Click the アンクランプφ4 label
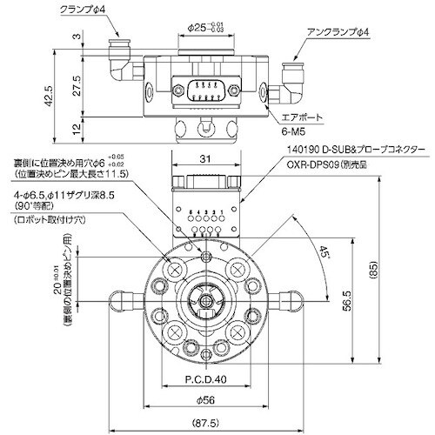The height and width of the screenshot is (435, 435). pyautogui.click(x=338, y=32)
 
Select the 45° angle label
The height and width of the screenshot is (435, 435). pyautogui.click(x=324, y=255)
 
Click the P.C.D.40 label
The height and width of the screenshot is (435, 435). pyautogui.click(x=205, y=379)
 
